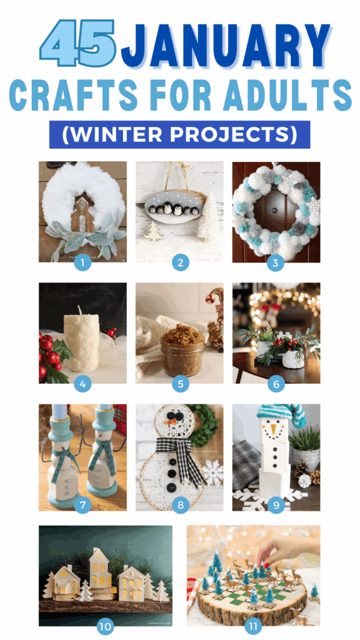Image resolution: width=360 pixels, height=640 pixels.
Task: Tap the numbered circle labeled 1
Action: (x=82, y=262)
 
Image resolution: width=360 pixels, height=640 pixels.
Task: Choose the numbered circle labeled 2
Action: (x=180, y=262)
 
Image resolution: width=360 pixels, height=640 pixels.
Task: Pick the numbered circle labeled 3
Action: (x=276, y=262)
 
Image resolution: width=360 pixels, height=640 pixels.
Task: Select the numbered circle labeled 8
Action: (x=180, y=504)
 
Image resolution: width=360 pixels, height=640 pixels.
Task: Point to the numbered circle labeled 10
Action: (x=104, y=624)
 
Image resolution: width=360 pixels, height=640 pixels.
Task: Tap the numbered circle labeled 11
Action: (x=253, y=624)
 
